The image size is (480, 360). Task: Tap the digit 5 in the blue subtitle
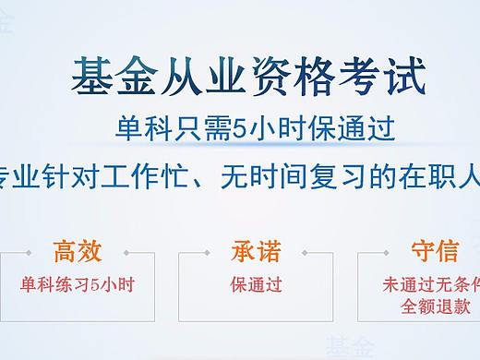(x=243, y=127)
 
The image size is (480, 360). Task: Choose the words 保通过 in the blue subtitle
(x=356, y=127)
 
